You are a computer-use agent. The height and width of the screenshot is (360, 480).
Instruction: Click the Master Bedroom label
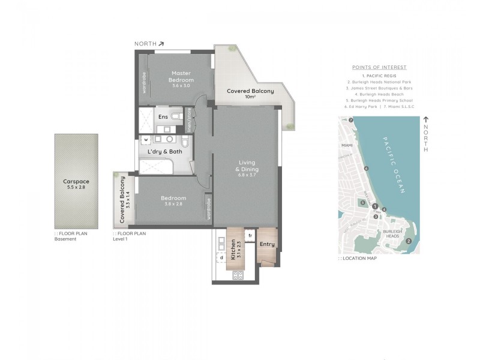[181, 76]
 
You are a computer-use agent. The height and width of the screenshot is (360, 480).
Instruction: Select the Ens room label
[162, 116]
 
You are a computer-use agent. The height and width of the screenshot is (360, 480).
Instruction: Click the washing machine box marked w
[146, 142]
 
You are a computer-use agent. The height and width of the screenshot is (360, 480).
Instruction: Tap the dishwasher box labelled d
[221, 258]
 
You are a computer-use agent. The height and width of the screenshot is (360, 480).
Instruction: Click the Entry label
[266, 244]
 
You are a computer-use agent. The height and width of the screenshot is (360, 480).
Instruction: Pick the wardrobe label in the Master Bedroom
[144, 80]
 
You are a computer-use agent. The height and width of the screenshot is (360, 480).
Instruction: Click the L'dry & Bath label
[166, 152]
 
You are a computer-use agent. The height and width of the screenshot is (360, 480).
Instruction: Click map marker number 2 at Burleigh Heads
[408, 241]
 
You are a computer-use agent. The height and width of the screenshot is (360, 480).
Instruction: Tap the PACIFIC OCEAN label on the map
[394, 164]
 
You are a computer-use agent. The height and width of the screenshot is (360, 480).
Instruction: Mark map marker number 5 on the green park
[363, 202]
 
